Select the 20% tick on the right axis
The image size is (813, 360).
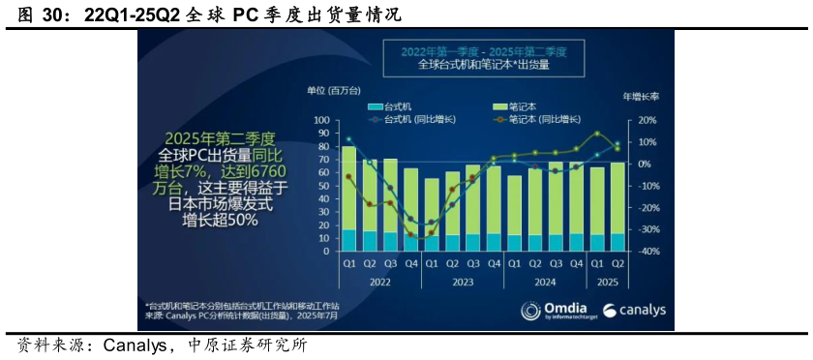647,120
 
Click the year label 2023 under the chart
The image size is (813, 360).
463,283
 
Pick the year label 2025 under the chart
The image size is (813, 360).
607,283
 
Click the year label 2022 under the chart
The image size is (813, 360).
381,283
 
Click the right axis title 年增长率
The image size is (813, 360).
640,97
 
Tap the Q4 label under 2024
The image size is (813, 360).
577,264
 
